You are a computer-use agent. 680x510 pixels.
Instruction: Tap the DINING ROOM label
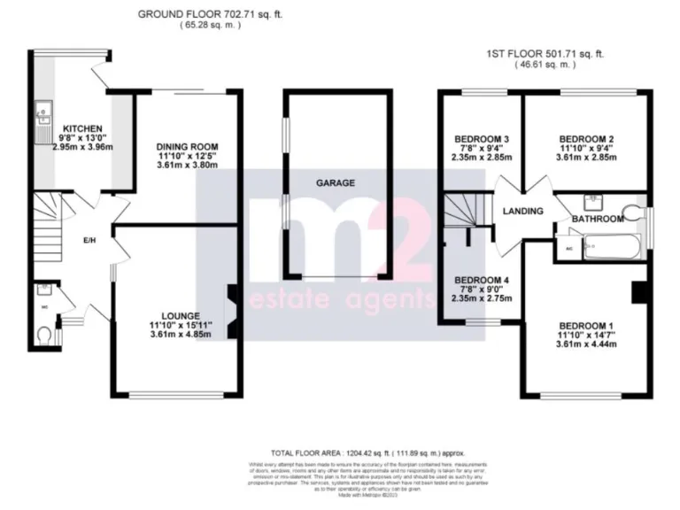click(187, 146)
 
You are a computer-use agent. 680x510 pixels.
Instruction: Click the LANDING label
click(522, 212)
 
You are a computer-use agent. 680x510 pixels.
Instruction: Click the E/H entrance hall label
click(89, 240)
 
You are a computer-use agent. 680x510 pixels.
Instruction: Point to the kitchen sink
click(42, 115)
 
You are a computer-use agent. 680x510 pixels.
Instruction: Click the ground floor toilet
click(47, 334)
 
